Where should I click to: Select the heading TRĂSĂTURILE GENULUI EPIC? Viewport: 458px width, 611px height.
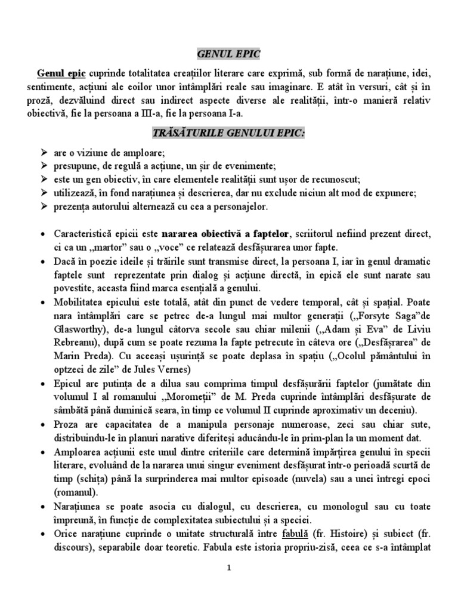pyautogui.click(x=228, y=132)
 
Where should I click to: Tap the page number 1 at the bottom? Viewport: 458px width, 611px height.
pyautogui.click(x=229, y=569)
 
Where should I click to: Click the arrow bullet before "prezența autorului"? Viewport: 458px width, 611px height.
pyautogui.click(x=42, y=206)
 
